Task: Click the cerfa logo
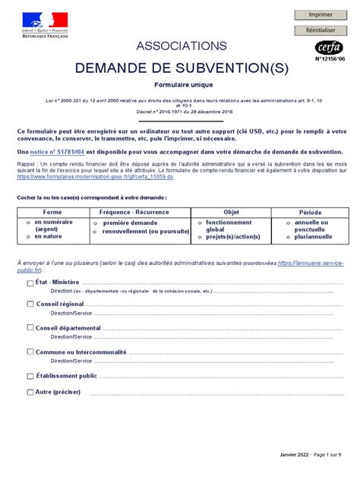[x=330, y=47]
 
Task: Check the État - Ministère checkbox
[x=30, y=282]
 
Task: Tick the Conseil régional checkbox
[x=30, y=304]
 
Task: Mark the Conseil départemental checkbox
[x=30, y=328]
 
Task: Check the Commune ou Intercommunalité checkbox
[x=30, y=352]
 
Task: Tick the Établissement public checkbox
[x=30, y=375]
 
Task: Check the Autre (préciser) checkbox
[x=30, y=393]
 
